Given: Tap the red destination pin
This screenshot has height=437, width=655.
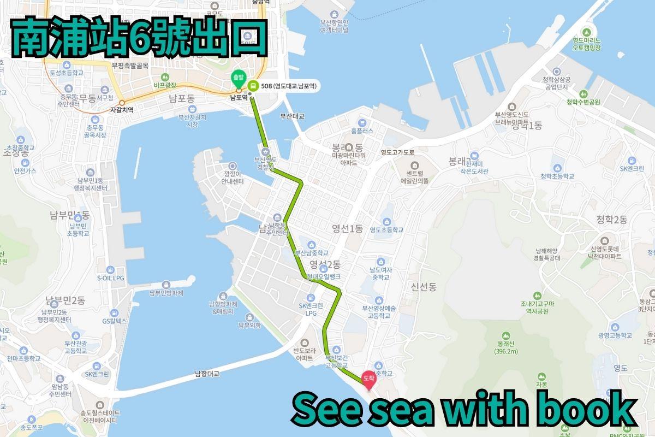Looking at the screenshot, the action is point(369,379).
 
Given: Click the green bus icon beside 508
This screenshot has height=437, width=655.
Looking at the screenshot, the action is point(253,86).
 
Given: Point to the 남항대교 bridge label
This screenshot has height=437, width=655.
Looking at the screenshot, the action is point(207,374).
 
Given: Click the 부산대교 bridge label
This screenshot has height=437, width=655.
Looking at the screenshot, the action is point(292,116).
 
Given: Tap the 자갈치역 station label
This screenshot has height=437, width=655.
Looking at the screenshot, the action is point(122,109).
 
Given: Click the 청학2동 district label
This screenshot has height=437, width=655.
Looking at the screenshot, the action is point(612,220).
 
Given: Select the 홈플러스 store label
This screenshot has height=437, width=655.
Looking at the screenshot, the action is point(362,131).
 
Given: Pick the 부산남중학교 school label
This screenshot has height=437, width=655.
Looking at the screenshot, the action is point(312,253).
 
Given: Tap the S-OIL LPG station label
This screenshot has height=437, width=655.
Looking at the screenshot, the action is point(111,278).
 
